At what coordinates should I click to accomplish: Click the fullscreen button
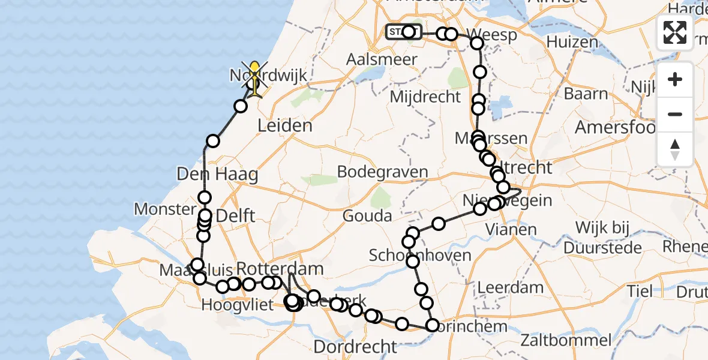(x=675, y=32)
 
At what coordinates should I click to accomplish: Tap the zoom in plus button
(x=675, y=79)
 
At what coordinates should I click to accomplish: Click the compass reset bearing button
(x=675, y=149)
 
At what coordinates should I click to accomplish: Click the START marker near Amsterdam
(x=397, y=32)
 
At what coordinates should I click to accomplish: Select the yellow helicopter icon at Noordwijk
(x=255, y=78)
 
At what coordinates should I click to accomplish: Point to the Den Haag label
(x=217, y=175)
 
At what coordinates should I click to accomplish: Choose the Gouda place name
(x=367, y=215)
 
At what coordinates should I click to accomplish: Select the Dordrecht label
(x=355, y=346)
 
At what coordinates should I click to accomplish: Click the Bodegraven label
(x=382, y=172)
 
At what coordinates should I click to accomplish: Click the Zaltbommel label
(x=566, y=340)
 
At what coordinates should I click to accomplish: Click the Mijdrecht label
(x=425, y=97)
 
